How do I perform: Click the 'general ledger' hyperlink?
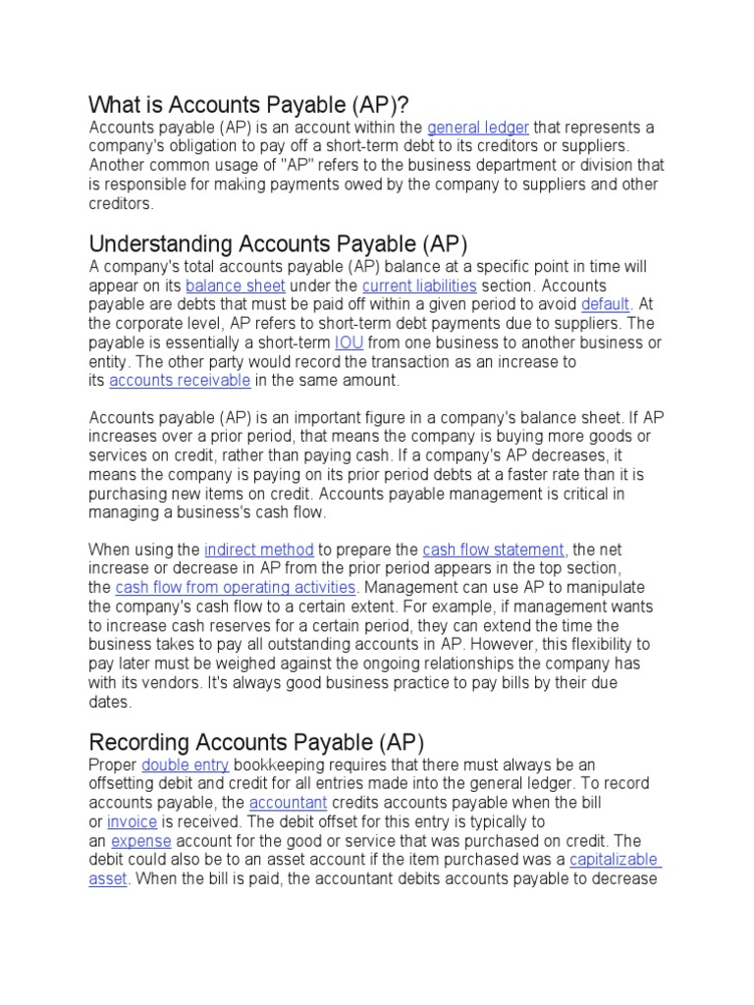tap(478, 128)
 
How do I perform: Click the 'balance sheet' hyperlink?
tap(236, 286)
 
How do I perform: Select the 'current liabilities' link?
tap(419, 286)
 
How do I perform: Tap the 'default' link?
tap(605, 304)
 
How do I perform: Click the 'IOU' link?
tap(349, 343)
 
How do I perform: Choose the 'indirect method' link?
tap(259, 550)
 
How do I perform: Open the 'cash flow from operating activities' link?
tap(236, 588)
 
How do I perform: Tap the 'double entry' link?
tap(186, 765)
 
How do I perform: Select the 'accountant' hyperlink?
tap(287, 803)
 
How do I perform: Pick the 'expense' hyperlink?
tap(141, 841)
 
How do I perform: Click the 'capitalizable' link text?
tap(615, 860)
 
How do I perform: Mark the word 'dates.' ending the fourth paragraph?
tap(109, 703)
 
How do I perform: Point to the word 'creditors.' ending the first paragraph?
tap(122, 204)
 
